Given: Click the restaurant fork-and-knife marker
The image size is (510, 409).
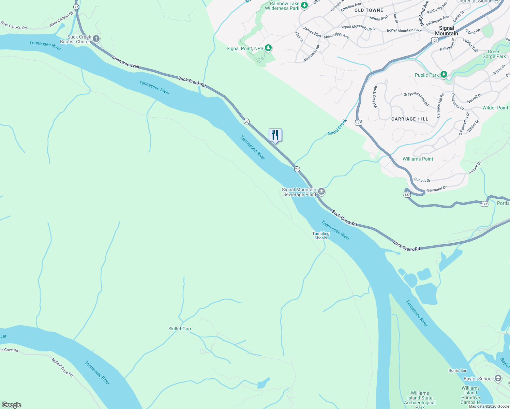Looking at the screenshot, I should [275, 135].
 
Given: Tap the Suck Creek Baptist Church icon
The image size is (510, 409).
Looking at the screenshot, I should [96, 39].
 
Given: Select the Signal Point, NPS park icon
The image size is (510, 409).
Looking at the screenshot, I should [268, 48].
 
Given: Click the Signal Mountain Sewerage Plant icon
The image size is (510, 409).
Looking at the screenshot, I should [321, 192].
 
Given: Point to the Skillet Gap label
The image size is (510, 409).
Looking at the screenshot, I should [180, 329].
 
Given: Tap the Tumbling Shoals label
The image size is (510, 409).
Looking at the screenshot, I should [321, 236].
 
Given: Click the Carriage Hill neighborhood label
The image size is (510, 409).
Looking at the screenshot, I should [409, 119].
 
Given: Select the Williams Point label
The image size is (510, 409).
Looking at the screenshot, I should [418, 159].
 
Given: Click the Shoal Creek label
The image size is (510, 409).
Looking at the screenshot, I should [337, 127].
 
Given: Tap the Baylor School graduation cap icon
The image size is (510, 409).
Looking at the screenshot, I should [498, 378].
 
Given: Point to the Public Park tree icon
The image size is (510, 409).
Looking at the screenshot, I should [444, 75].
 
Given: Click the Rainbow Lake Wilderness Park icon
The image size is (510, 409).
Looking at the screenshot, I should [304, 5].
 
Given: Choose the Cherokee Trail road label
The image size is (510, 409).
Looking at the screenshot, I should [126, 62].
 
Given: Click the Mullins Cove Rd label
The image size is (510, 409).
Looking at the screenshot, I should [62, 367].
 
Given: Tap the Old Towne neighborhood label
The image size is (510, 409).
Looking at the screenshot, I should [369, 10].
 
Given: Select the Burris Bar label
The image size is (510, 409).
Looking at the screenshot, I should [457, 370].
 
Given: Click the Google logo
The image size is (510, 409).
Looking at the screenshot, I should [12, 405].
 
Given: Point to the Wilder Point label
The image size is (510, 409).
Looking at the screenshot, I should [495, 108].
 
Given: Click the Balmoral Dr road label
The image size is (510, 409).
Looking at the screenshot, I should [437, 189].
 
